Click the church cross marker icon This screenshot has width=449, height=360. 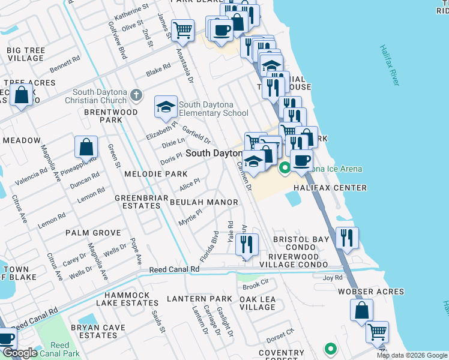tap(137, 95)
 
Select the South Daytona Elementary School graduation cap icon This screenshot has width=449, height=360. tap(166, 107)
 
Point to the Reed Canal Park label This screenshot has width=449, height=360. tap(59, 349)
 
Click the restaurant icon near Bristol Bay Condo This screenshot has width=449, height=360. tap(347, 237)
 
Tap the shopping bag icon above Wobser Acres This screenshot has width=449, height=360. tap(361, 310)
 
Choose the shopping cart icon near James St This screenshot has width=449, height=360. tap(182, 29)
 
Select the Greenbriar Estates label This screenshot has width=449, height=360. tap(137, 202)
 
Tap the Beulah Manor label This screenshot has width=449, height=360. tap(204, 202)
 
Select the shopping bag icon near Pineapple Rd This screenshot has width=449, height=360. tap(86, 146)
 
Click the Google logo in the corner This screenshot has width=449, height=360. tap(20, 353)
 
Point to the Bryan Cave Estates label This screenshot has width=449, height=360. tap(97, 331)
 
